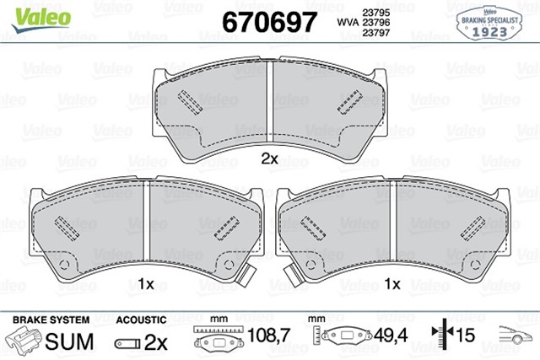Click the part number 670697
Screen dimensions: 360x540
tap(270, 20)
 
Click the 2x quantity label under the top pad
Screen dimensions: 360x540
tap(268, 158)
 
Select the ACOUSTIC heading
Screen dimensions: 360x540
tap(139, 320)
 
